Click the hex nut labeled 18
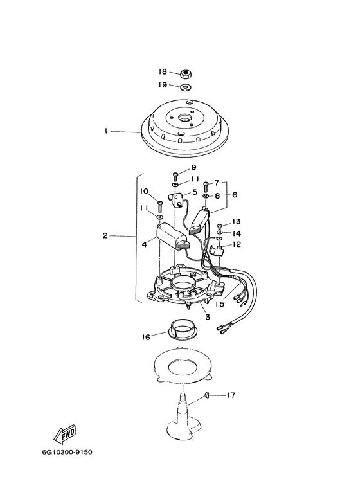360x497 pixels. point(184,75)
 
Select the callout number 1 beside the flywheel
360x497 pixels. point(107,131)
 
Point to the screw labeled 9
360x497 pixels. point(175,176)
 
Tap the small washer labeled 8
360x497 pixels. point(205,197)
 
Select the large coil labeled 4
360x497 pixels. point(173,237)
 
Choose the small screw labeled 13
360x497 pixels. point(219,227)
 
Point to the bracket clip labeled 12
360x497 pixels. point(217,251)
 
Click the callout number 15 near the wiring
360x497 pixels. point(220,303)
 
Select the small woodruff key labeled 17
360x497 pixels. point(206,395)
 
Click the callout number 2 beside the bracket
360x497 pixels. point(105,235)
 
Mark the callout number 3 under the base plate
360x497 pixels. point(208,316)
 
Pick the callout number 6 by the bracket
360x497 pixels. point(235,195)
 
